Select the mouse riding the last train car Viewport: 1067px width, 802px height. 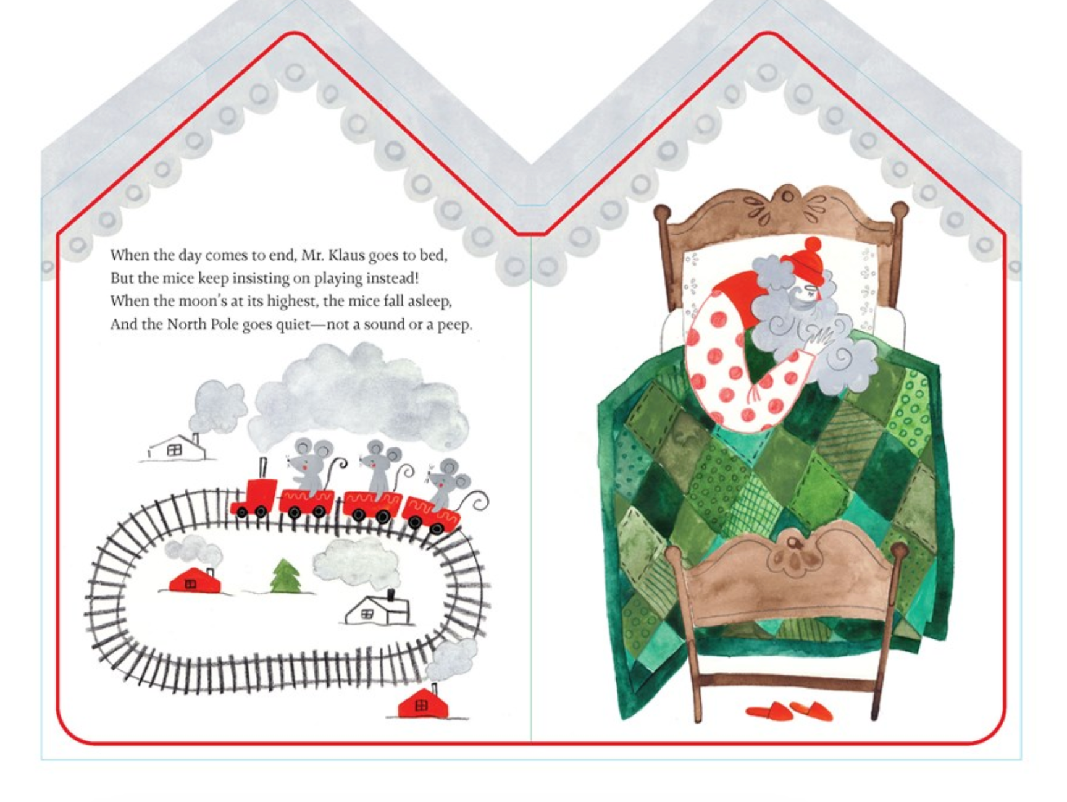tap(445, 480)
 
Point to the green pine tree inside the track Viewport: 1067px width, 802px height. tap(286, 576)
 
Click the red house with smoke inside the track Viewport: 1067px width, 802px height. tap(195, 581)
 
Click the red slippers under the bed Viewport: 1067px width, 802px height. tap(790, 711)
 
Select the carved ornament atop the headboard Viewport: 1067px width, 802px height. tap(786, 202)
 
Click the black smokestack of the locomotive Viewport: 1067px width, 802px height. tap(264, 468)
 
